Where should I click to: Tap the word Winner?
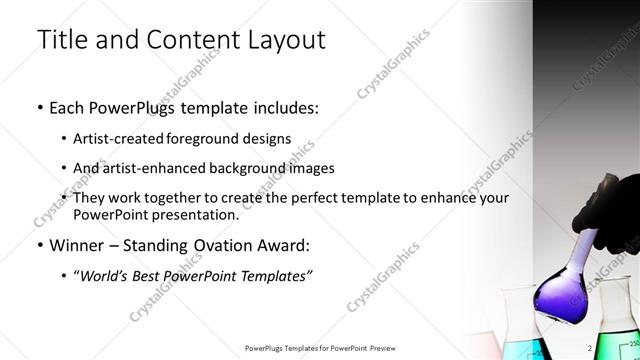(76, 244)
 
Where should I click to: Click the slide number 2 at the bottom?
(590, 347)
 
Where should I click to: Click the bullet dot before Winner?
(39, 245)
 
